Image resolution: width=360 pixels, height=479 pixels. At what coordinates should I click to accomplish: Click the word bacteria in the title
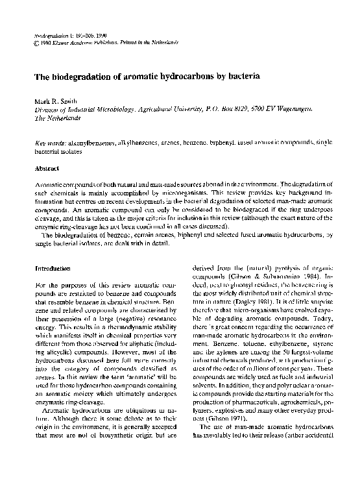coord(243,77)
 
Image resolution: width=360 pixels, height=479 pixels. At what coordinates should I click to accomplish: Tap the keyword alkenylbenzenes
coord(91,142)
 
